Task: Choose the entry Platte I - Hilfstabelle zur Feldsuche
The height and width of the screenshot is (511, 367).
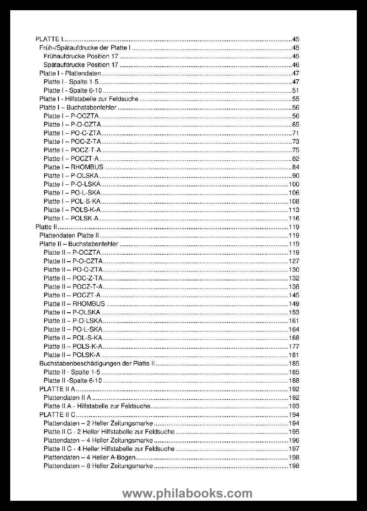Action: pyautogui.click(x=89, y=99)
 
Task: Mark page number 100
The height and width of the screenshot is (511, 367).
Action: pyautogui.click(x=294, y=184)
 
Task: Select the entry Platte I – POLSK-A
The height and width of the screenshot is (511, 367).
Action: pyautogui.click(x=71, y=218)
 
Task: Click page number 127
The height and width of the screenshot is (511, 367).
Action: pyautogui.click(x=294, y=261)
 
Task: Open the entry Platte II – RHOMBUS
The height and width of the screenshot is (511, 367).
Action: pyautogui.click(x=74, y=304)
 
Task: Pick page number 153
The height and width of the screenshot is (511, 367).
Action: pyautogui.click(x=294, y=312)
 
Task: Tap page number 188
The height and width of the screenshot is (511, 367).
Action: pyautogui.click(x=294, y=381)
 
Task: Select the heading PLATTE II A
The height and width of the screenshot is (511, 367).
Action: pyautogui.click(x=57, y=389)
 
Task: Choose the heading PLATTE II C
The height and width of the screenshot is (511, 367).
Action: pyautogui.click(x=57, y=415)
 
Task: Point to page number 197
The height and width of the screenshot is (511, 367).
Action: pyautogui.click(x=294, y=449)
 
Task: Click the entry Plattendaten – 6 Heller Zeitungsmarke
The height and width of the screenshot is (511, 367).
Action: pyautogui.click(x=98, y=466)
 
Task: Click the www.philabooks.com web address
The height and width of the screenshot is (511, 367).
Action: pyautogui.click(x=187, y=493)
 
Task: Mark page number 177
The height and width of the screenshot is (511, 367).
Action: pyautogui.click(x=294, y=347)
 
